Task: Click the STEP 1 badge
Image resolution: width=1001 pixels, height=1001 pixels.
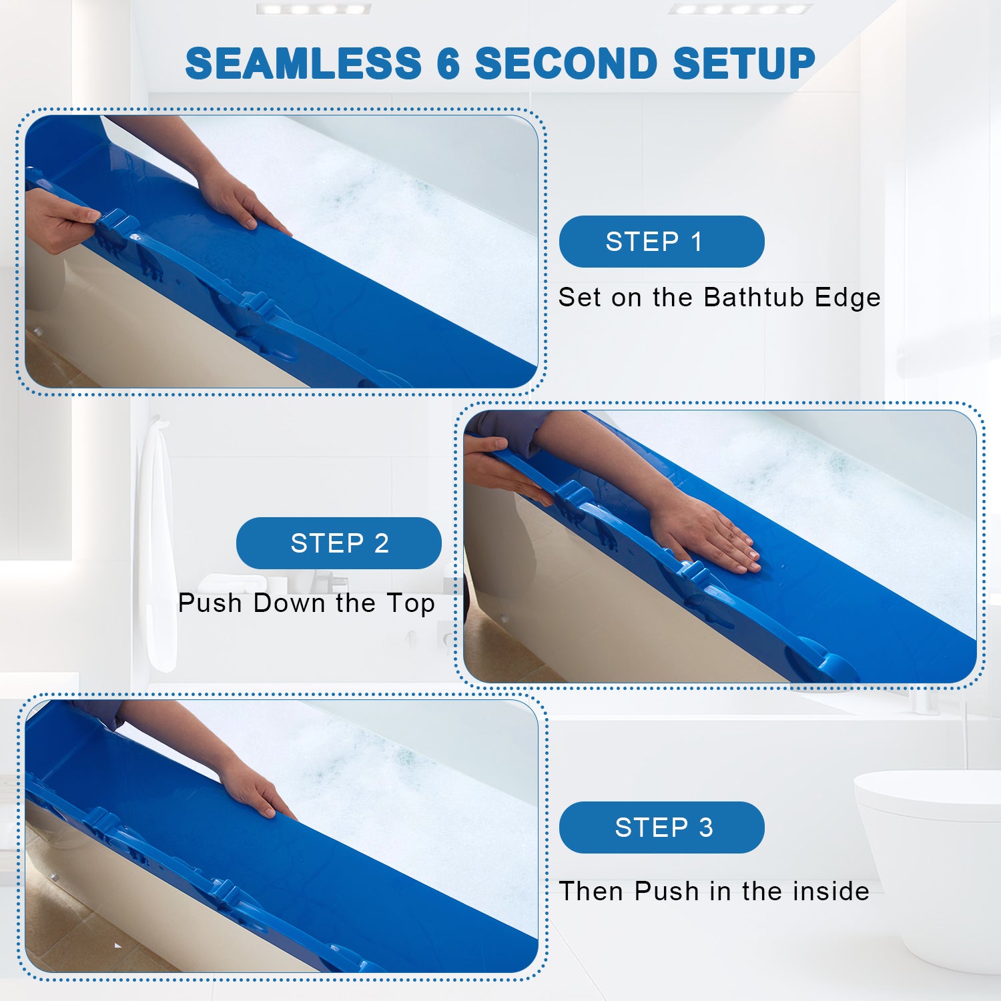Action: [x=661, y=242]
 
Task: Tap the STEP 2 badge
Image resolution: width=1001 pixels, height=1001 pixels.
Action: [x=338, y=543]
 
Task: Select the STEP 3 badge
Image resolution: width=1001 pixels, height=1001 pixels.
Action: [x=661, y=827]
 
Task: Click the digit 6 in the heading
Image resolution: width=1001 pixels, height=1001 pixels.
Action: [x=448, y=64]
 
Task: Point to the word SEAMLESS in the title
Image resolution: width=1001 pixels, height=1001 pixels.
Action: [x=304, y=64]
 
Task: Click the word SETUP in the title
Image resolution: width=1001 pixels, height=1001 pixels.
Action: [x=744, y=64]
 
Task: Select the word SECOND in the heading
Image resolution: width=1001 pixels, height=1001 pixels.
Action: [x=567, y=64]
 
